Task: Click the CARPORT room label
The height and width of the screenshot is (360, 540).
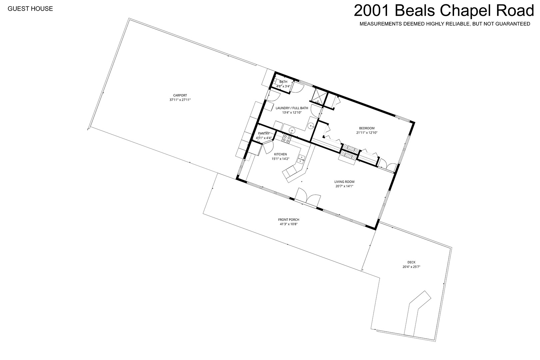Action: coord(180,95)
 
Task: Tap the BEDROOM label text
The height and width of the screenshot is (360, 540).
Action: coord(367,128)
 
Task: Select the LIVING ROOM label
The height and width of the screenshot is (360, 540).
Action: coord(344,182)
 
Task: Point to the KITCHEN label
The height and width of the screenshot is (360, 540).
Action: coord(280,154)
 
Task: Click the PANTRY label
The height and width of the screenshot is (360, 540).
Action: coord(264,134)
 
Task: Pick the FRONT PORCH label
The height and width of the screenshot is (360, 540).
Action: coord(289,220)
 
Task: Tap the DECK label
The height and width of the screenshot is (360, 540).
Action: coord(411,262)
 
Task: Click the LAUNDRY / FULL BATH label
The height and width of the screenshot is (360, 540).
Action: coord(292,108)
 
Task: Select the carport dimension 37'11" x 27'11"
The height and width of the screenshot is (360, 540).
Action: coord(180,100)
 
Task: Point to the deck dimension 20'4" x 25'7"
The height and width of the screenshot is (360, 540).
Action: coord(411,267)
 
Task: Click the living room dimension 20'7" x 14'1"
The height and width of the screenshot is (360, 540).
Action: coord(344,186)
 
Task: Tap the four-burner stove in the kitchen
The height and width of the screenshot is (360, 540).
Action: coord(286,139)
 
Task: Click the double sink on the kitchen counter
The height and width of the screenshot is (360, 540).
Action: coord(301,159)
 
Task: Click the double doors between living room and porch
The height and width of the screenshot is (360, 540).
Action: coord(308,196)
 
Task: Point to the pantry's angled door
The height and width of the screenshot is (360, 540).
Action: coord(268,147)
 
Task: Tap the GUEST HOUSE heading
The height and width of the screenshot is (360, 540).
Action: coord(30,9)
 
